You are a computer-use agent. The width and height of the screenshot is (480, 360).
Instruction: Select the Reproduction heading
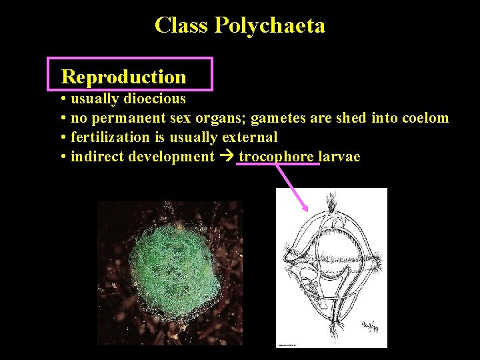click(x=124, y=77)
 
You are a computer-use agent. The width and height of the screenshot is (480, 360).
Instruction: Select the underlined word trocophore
click(x=276, y=157)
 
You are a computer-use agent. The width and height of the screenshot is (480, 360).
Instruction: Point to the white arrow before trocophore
click(x=227, y=157)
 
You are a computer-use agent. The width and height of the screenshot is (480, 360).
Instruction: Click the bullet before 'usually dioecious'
click(x=61, y=99)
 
